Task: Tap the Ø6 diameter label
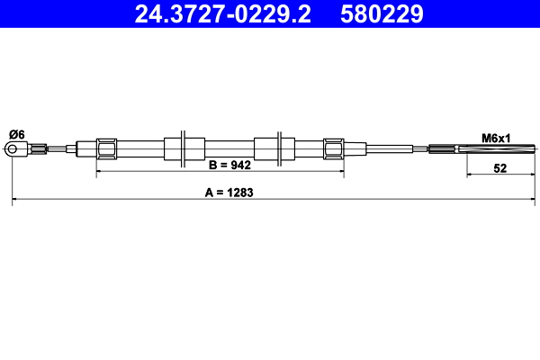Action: [16, 134]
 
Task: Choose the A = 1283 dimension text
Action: [229, 192]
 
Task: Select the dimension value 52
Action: [500, 168]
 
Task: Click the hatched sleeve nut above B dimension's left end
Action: [106, 148]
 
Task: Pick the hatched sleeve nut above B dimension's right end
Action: [333, 148]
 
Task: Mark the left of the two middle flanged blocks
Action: [184, 148]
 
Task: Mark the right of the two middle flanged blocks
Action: [274, 148]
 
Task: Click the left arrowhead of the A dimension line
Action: [15, 199]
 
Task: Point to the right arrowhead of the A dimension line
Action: [533, 199]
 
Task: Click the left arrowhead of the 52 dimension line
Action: [470, 175]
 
